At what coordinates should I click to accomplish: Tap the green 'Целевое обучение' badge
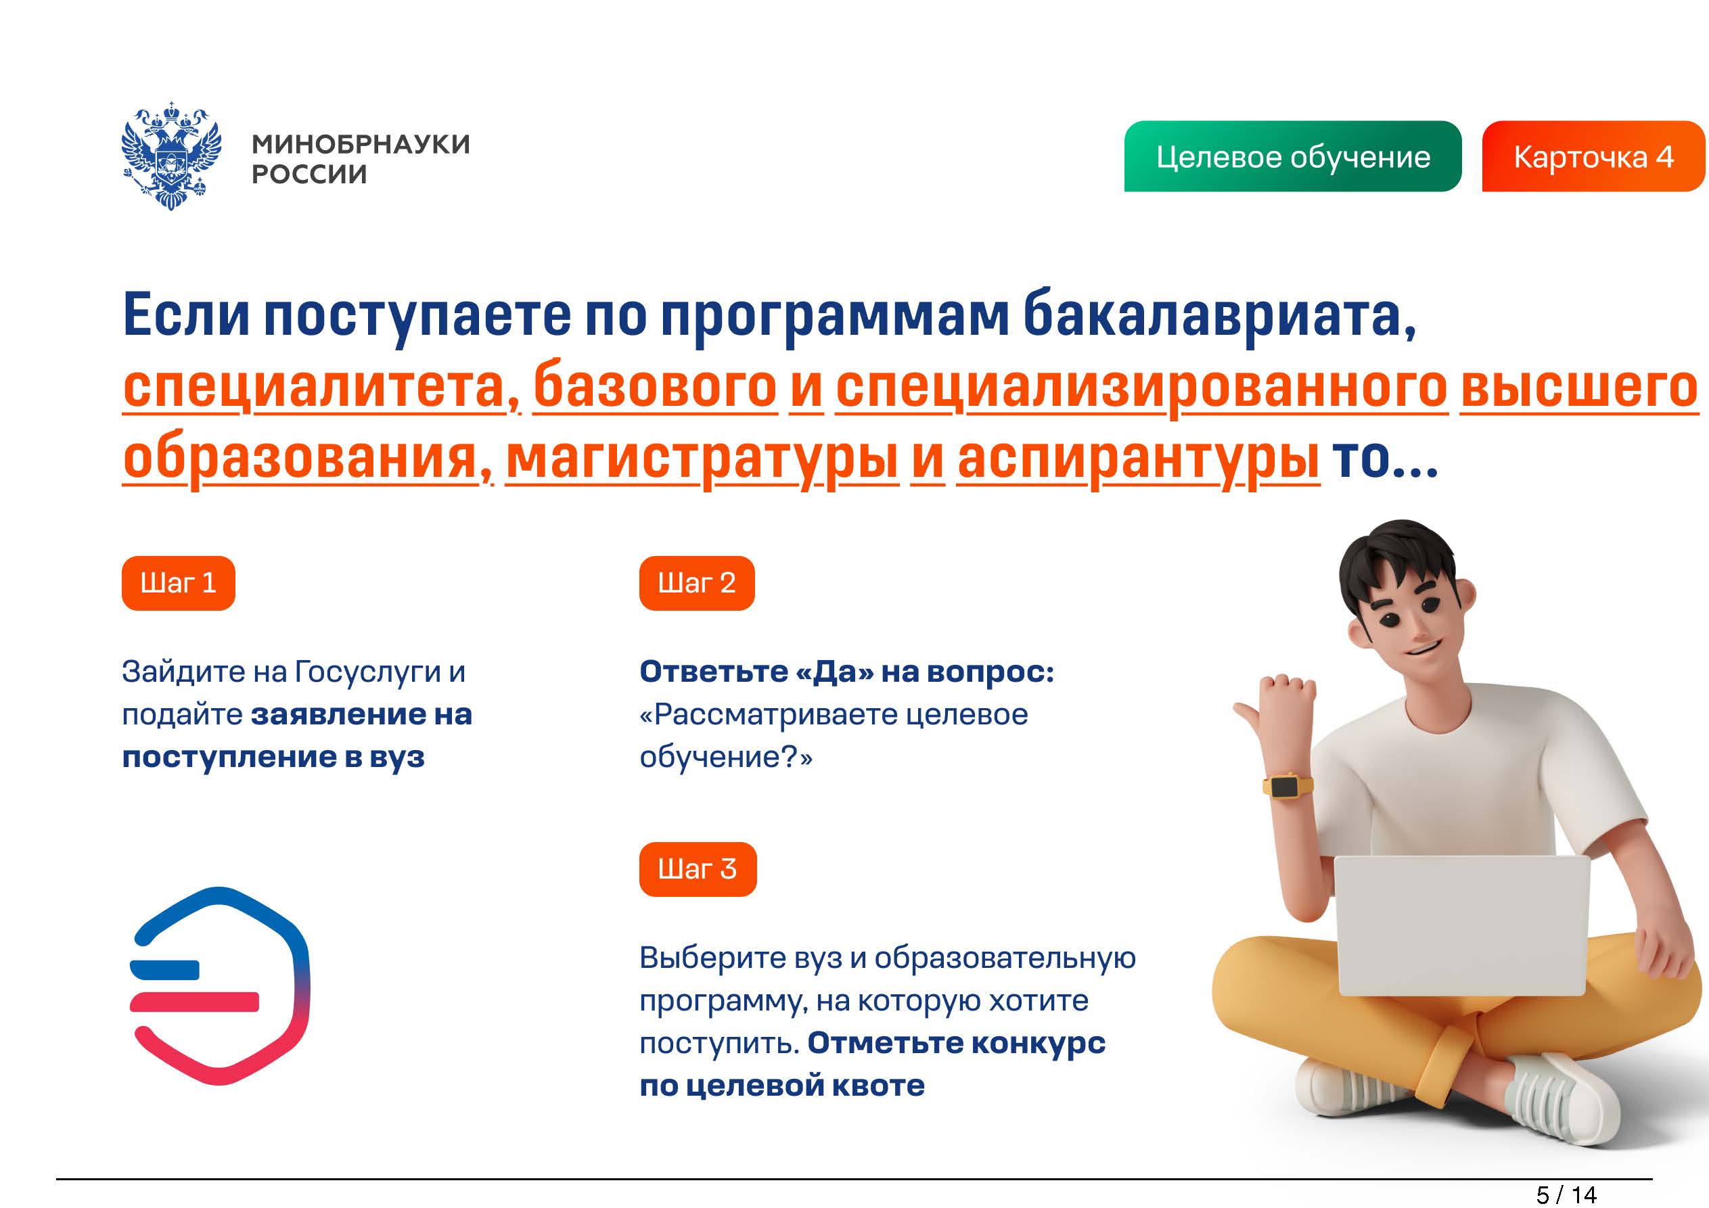point(1292,156)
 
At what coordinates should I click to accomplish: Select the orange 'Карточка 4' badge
point(1593,156)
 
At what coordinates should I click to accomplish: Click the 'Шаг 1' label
point(179,583)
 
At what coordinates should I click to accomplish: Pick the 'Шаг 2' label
point(697,583)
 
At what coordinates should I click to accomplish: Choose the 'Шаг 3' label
point(698,868)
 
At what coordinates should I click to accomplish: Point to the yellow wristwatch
point(1288,786)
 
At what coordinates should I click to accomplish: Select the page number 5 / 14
point(1566,1194)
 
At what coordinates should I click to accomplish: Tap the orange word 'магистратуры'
point(702,460)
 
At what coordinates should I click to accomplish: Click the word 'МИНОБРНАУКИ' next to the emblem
point(361,143)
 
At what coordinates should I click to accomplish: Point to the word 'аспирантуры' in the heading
point(1138,460)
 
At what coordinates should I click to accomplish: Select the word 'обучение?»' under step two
point(726,757)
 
